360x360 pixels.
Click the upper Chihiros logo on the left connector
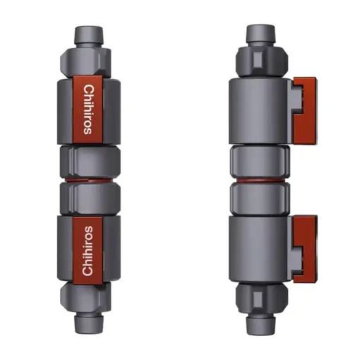[89, 109]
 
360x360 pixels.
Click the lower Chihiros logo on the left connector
[88, 251]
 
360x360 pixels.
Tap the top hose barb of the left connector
[89, 35]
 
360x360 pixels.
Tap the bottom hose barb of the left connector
[89, 324]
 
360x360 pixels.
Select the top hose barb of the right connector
[260, 34]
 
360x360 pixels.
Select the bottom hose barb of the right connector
[260, 325]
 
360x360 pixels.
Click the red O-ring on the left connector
[90, 180]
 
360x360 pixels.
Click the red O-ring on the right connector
[260, 181]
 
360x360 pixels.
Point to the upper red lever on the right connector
[305, 110]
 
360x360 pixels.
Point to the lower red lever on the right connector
[305, 248]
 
